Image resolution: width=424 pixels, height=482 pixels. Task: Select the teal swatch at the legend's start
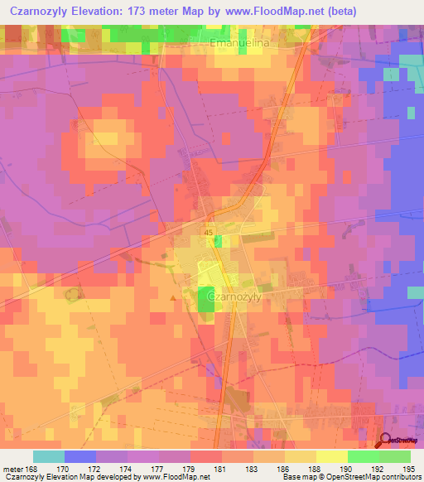click(x=49, y=456)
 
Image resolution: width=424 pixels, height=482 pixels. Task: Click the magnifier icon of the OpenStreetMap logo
click(x=385, y=441)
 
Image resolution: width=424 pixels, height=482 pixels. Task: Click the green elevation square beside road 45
click(x=219, y=241)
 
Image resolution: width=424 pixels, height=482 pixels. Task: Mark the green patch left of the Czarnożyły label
click(x=205, y=299)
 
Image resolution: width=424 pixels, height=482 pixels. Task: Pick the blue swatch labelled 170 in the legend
click(x=80, y=456)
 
